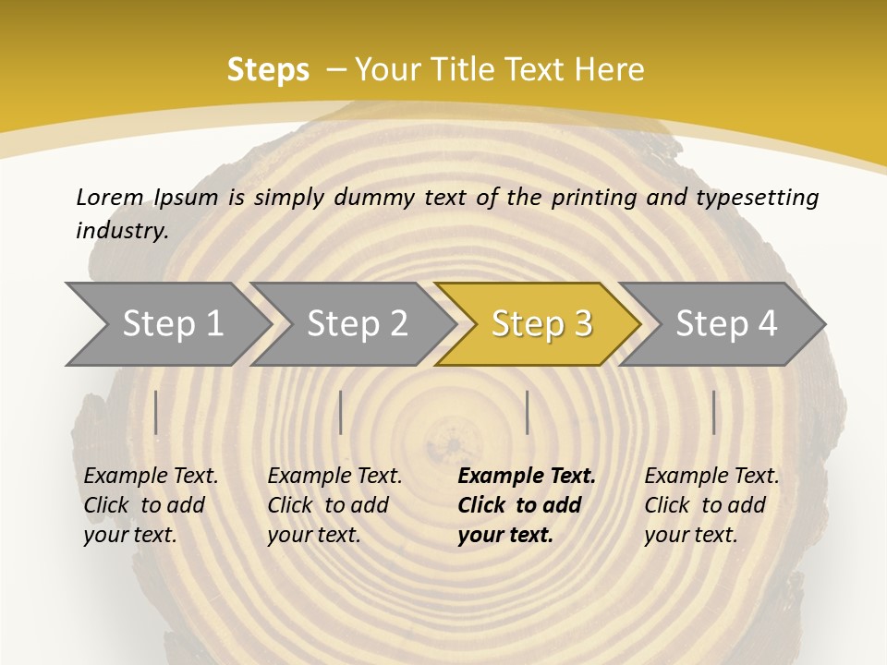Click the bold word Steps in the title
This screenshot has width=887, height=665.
[x=268, y=70]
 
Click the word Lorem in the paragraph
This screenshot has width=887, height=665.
[x=110, y=197]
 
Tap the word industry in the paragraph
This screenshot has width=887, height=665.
[x=122, y=230]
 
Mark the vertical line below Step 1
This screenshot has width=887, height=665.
[x=156, y=412]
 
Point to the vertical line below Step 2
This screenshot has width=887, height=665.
[x=341, y=412]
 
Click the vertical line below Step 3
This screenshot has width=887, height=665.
[x=527, y=412]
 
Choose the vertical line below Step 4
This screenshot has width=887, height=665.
[x=713, y=412]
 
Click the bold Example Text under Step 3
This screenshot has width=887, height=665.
[x=527, y=477]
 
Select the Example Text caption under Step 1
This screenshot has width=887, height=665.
[x=151, y=477]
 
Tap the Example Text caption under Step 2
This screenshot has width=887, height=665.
[x=334, y=477]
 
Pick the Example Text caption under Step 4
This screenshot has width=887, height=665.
[x=711, y=477]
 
